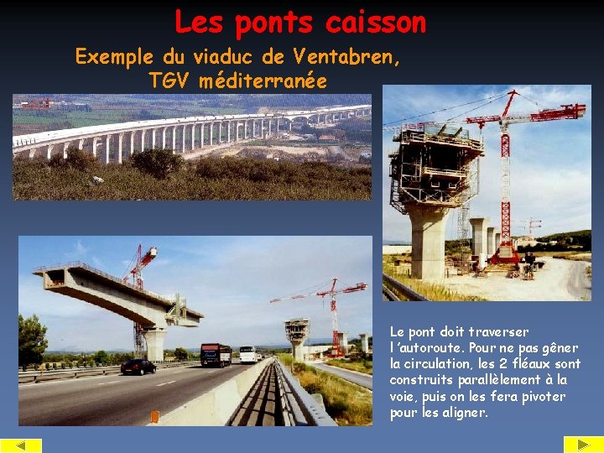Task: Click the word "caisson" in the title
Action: [x=376, y=23]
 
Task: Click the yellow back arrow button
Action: [x=21, y=445]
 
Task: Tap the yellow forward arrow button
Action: [x=583, y=445]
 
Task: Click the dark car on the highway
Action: [x=138, y=367]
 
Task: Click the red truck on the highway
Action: [x=216, y=355]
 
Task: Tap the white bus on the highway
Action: [x=247, y=353]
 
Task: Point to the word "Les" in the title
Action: [x=200, y=23]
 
